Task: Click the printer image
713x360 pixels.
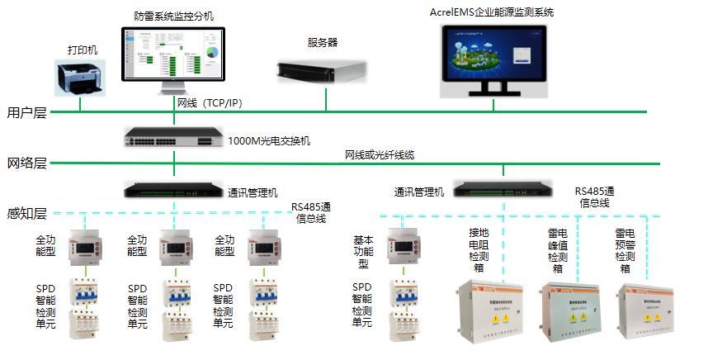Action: coord(81,78)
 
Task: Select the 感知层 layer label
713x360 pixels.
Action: coord(26,214)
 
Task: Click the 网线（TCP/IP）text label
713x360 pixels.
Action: coord(210,103)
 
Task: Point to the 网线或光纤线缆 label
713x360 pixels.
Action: coord(380,155)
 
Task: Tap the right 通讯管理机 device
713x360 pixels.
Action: coord(503,190)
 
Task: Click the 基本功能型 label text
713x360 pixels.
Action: coord(362,250)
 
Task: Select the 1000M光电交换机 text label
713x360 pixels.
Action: coord(269,140)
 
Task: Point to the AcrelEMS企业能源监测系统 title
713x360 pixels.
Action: coord(491,12)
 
